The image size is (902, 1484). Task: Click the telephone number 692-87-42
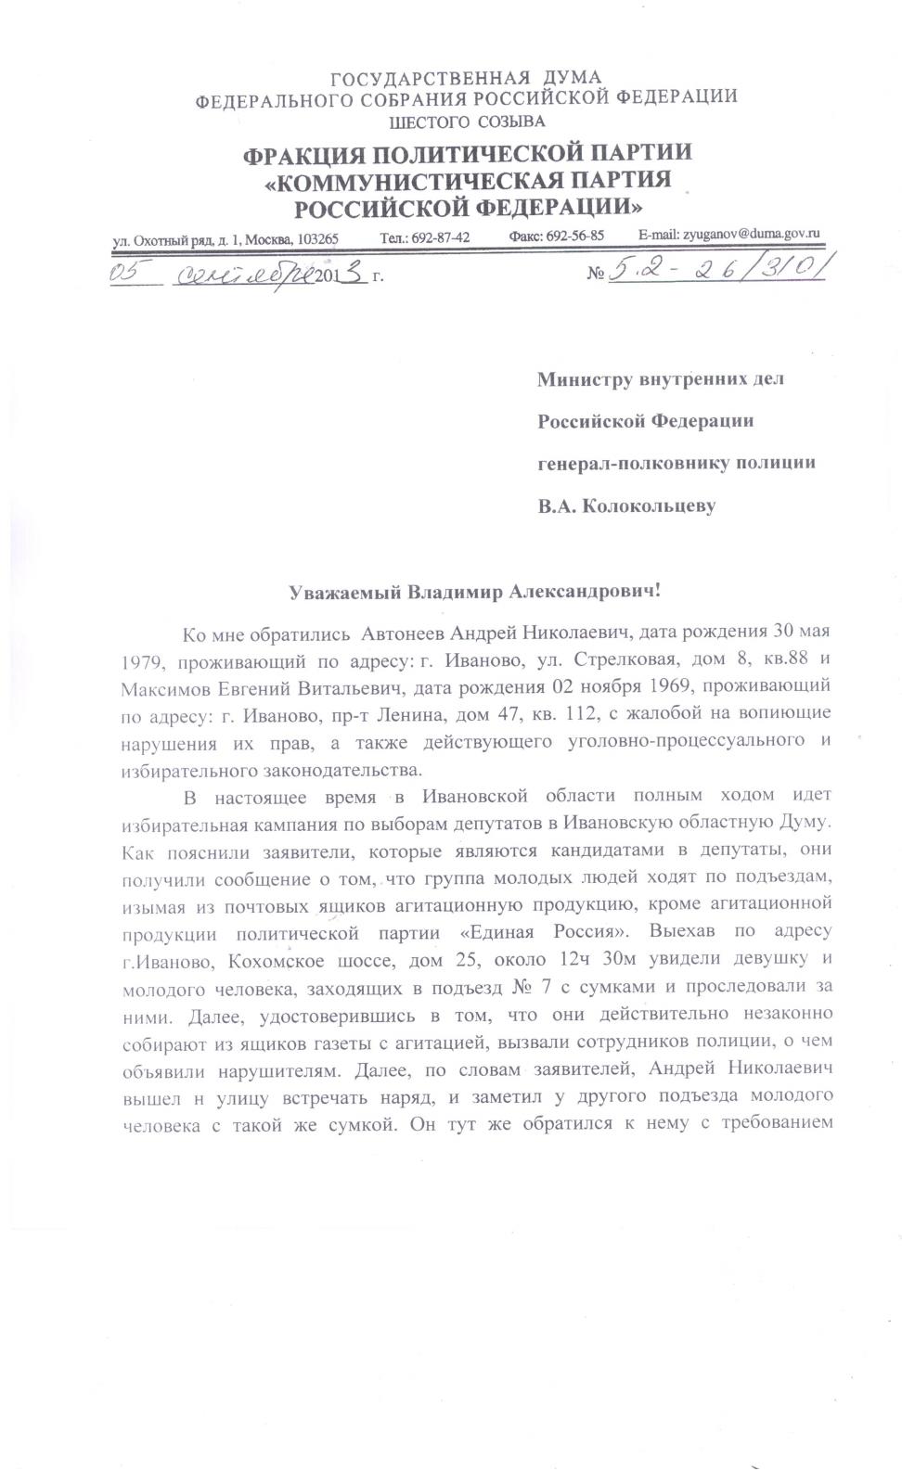(x=440, y=237)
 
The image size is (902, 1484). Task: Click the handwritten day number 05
(x=130, y=272)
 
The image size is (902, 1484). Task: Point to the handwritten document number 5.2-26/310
(x=715, y=269)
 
